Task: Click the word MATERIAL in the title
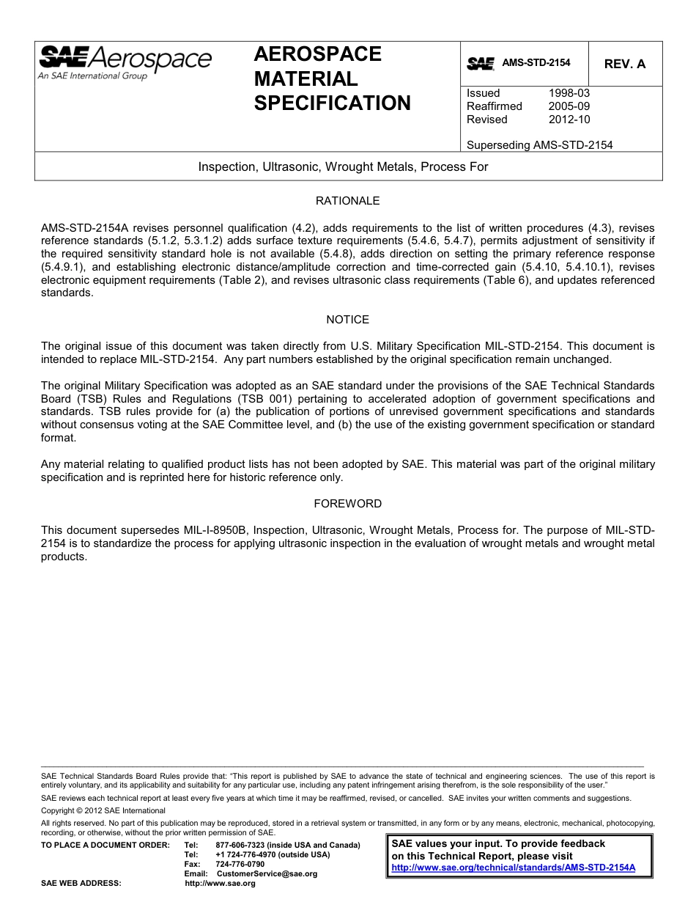click(306, 78)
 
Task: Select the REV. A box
click(624, 64)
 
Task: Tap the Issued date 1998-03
click(569, 93)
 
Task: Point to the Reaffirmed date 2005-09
click(569, 106)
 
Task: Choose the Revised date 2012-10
click(569, 120)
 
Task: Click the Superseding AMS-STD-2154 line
click(539, 145)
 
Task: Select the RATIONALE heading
click(347, 201)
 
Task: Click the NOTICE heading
click(347, 320)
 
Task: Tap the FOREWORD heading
click(347, 504)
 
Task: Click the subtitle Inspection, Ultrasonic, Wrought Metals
click(343, 167)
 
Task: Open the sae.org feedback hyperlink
click(513, 868)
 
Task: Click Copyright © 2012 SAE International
click(103, 811)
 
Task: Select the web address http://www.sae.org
click(220, 884)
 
